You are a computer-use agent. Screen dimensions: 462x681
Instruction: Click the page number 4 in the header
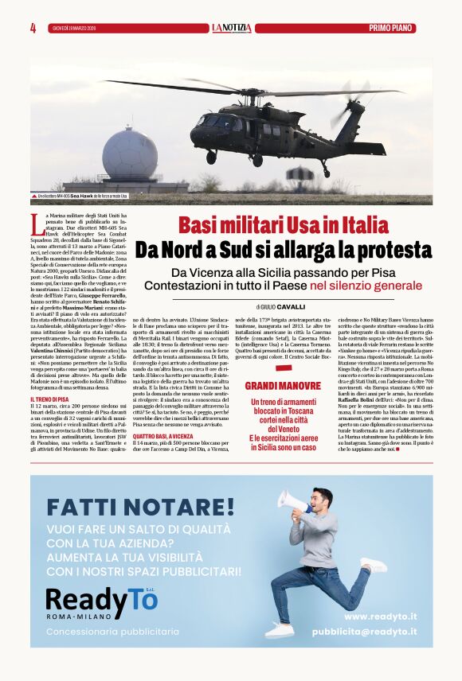click(x=33, y=28)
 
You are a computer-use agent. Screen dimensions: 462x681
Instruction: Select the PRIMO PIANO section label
click(x=391, y=28)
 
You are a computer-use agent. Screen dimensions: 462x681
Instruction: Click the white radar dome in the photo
click(x=130, y=154)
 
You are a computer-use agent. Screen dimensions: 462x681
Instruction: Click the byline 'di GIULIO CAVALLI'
click(x=281, y=306)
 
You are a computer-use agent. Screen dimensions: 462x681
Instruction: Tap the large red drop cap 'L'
click(x=37, y=223)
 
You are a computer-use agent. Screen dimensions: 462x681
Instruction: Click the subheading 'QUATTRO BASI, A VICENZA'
click(x=165, y=437)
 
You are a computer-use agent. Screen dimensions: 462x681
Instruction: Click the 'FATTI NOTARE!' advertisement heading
click(x=140, y=507)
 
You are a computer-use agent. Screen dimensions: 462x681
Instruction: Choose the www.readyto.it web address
click(x=377, y=616)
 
